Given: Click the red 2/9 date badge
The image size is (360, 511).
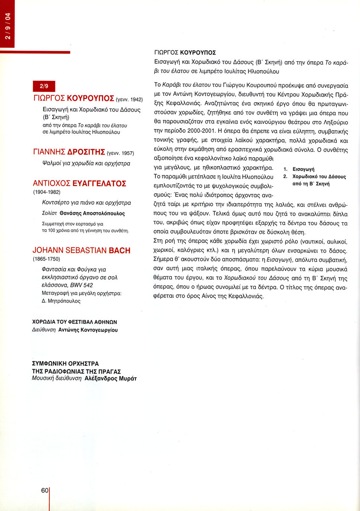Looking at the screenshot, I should click(44, 86).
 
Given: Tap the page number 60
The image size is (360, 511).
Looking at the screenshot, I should click(45, 490).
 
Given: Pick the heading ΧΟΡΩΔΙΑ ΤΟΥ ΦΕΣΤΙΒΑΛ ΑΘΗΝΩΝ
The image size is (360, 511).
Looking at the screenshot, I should click(75, 322).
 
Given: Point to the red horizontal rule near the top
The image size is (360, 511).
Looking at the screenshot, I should click(35, 52).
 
